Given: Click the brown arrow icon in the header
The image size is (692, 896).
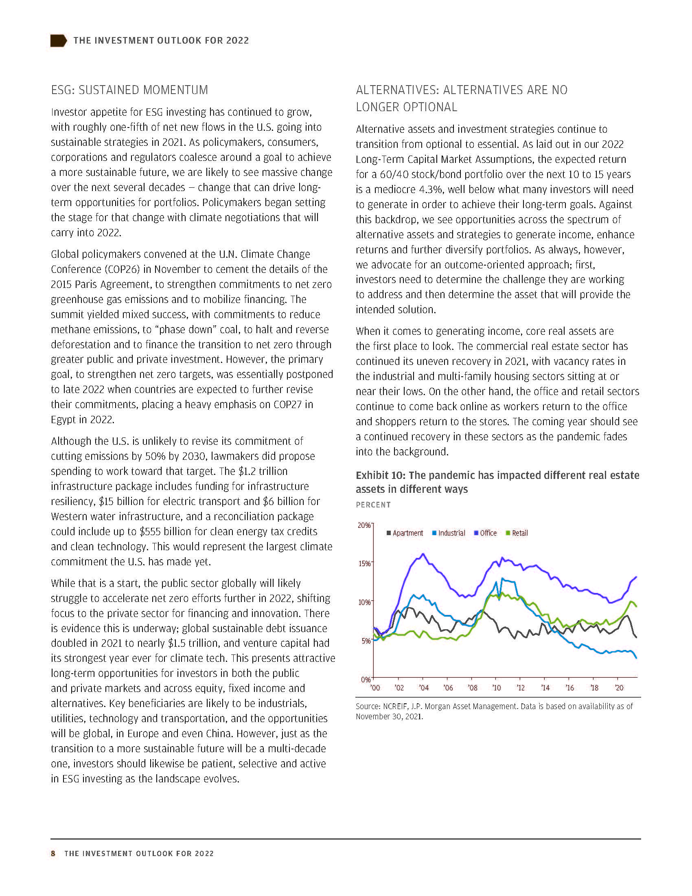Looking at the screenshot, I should pyautogui.click(x=58, y=41).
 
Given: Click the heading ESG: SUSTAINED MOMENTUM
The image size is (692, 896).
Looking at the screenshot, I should pyautogui.click(x=129, y=90).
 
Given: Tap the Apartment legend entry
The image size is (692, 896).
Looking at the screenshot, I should pyautogui.click(x=405, y=533).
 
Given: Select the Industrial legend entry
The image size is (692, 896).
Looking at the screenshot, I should pyautogui.click(x=449, y=533).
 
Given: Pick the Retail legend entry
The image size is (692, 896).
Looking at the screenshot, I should pyautogui.click(x=517, y=533).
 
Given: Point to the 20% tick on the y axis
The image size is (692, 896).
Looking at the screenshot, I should pyautogui.click(x=364, y=525).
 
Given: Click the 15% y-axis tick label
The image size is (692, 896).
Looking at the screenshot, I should pyautogui.click(x=364, y=563).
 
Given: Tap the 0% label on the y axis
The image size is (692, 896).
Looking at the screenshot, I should pyautogui.click(x=366, y=679).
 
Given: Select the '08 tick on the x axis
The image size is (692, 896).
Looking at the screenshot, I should pyautogui.click(x=472, y=688).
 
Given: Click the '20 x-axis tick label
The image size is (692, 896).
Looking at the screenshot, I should pyautogui.click(x=619, y=688).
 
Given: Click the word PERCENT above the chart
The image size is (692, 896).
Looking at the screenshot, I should pyautogui.click(x=373, y=505).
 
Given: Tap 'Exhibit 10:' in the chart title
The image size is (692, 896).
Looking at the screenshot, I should pyautogui.click(x=381, y=475).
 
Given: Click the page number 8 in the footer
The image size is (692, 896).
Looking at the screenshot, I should pyautogui.click(x=53, y=853).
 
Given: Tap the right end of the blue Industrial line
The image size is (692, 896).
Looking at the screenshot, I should pyautogui.click(x=636, y=658).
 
